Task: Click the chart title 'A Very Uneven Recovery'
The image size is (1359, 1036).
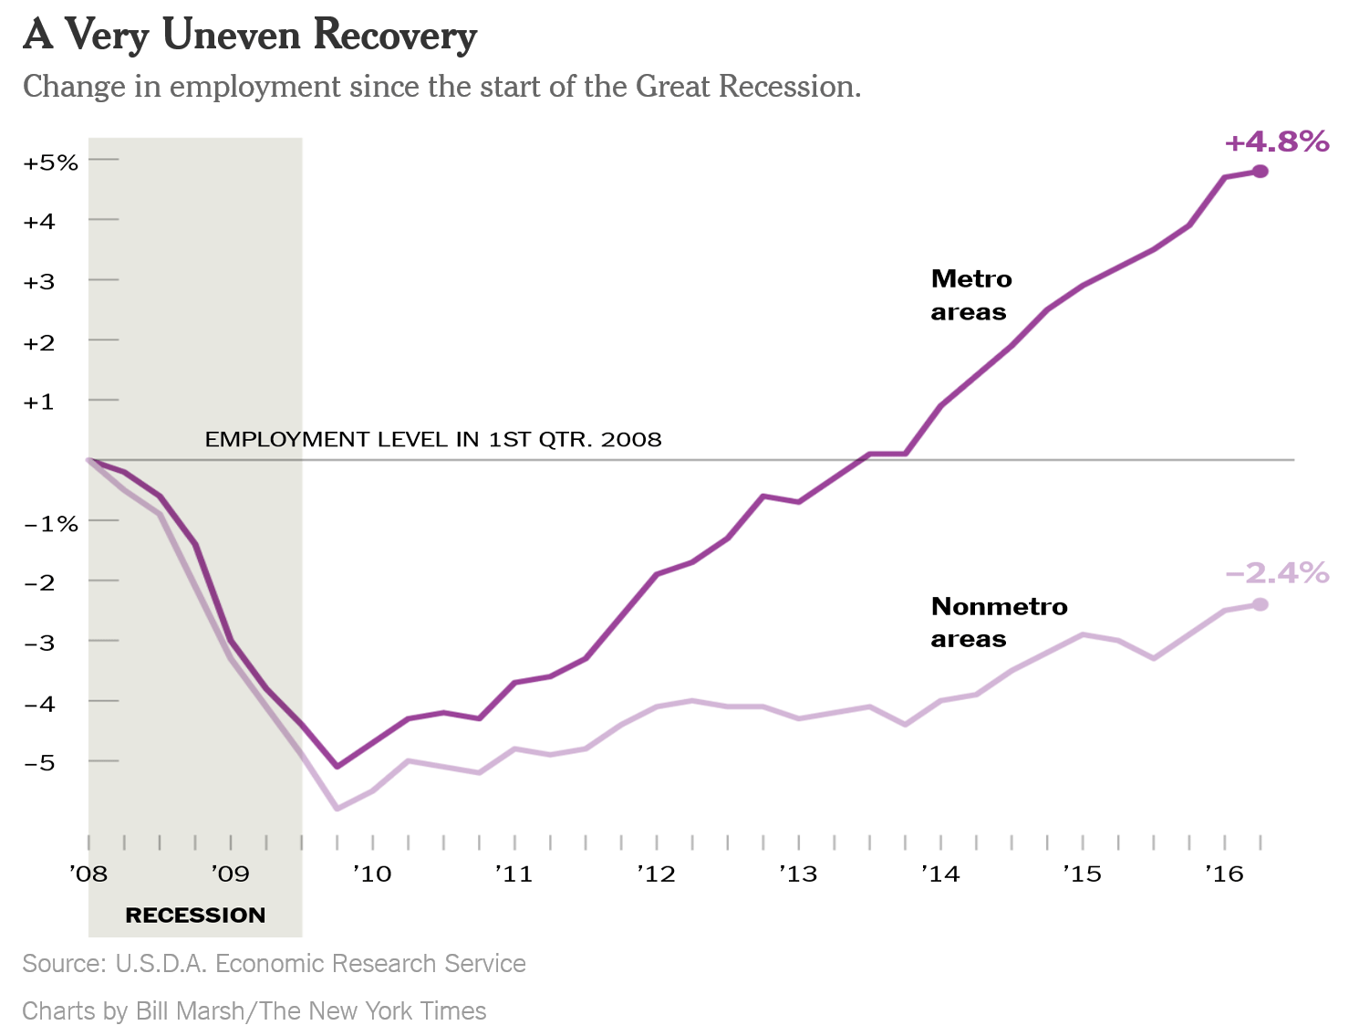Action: click(x=250, y=36)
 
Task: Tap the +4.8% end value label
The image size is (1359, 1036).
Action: click(x=1276, y=142)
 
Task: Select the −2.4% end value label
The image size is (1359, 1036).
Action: click(x=1276, y=573)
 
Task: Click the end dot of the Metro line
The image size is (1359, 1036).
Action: click(x=1260, y=172)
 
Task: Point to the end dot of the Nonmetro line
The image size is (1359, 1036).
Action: click(x=1260, y=604)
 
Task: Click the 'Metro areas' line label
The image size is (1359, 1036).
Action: click(x=970, y=295)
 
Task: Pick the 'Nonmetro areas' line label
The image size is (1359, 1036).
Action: click(x=998, y=623)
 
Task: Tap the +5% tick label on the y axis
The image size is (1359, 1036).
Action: click(x=51, y=163)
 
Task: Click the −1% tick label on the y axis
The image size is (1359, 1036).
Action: click(x=51, y=524)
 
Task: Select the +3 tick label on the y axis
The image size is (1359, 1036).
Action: click(x=39, y=282)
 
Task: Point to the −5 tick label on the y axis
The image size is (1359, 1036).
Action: click(x=39, y=763)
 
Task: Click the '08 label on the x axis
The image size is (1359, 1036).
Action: click(x=88, y=874)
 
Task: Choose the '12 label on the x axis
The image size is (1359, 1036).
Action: click(x=656, y=874)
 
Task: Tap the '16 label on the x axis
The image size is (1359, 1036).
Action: click(x=1223, y=874)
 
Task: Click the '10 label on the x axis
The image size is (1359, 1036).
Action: click(x=371, y=874)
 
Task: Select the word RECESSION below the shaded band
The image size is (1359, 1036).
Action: click(x=195, y=916)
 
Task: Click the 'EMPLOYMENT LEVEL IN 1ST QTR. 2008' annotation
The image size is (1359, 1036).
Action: click(x=433, y=440)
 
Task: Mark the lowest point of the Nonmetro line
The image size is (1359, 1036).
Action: click(x=337, y=809)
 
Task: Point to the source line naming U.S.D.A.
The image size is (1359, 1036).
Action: click(x=274, y=964)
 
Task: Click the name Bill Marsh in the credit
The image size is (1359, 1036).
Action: click(x=190, y=1011)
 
